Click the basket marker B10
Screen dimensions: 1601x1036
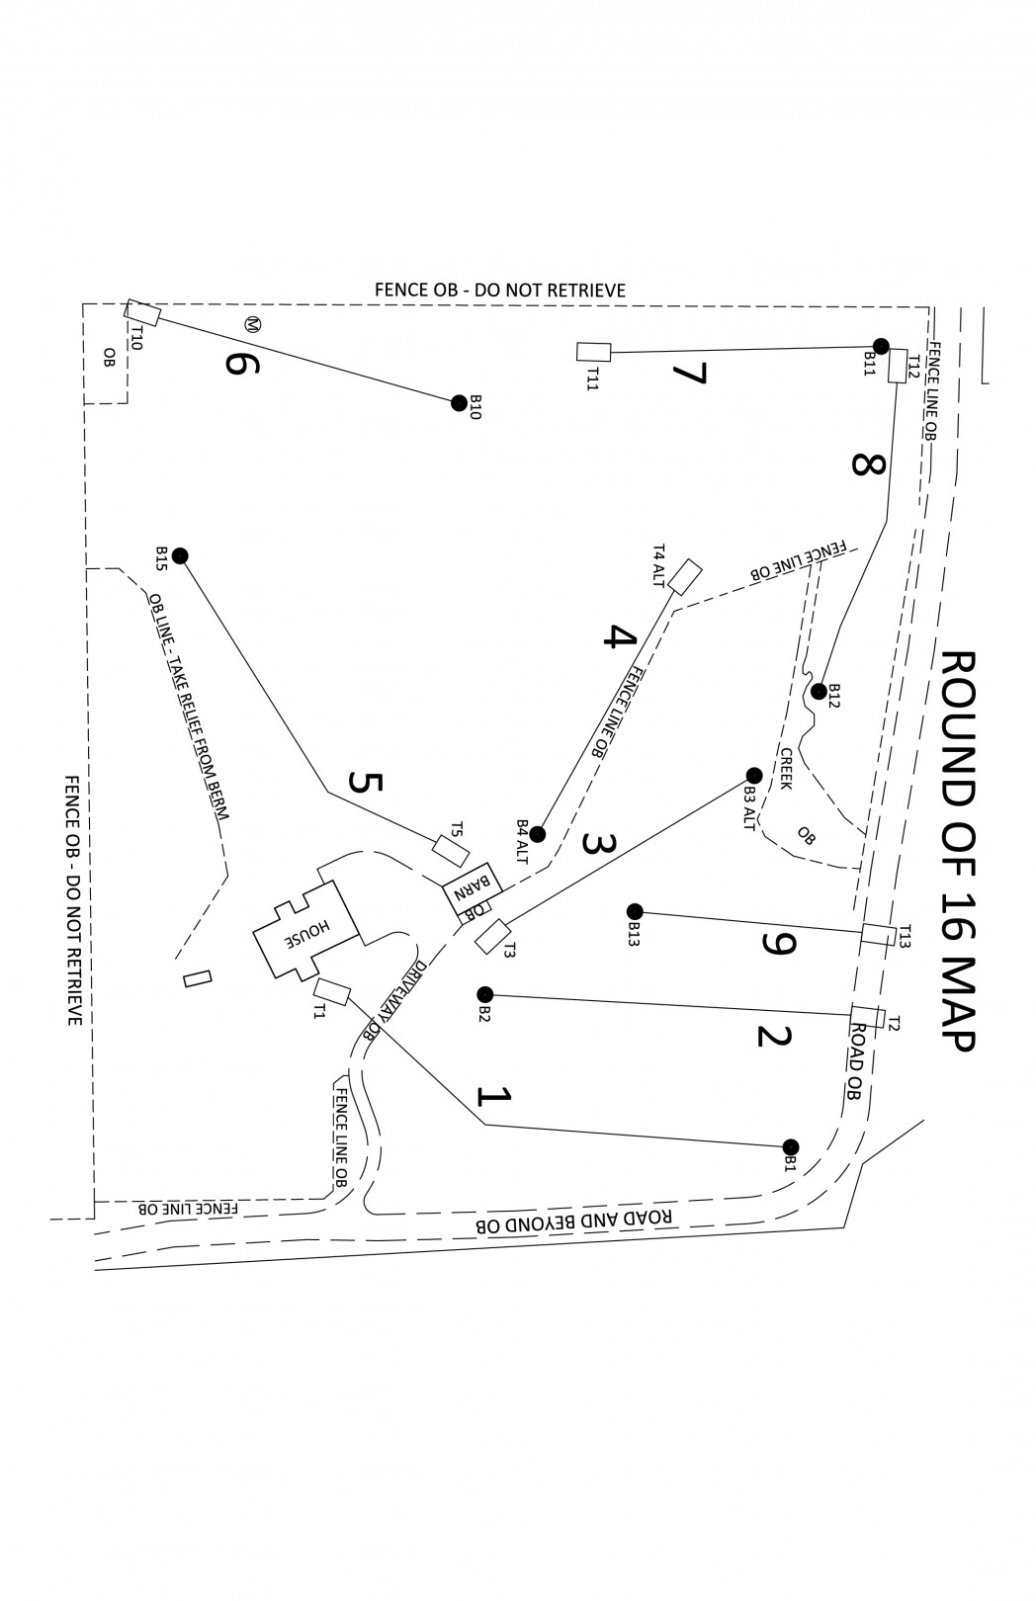(x=459, y=402)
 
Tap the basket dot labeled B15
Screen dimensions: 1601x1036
(x=180, y=555)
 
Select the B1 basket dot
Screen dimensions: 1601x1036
(x=790, y=1146)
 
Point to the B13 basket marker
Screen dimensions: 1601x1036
(x=635, y=911)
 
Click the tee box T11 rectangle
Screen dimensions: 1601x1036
(x=594, y=351)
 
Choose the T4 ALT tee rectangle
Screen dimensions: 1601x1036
(x=685, y=576)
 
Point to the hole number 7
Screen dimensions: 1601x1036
(x=689, y=375)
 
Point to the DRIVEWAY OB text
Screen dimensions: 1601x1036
(x=395, y=999)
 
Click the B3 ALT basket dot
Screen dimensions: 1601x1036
(x=753, y=775)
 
